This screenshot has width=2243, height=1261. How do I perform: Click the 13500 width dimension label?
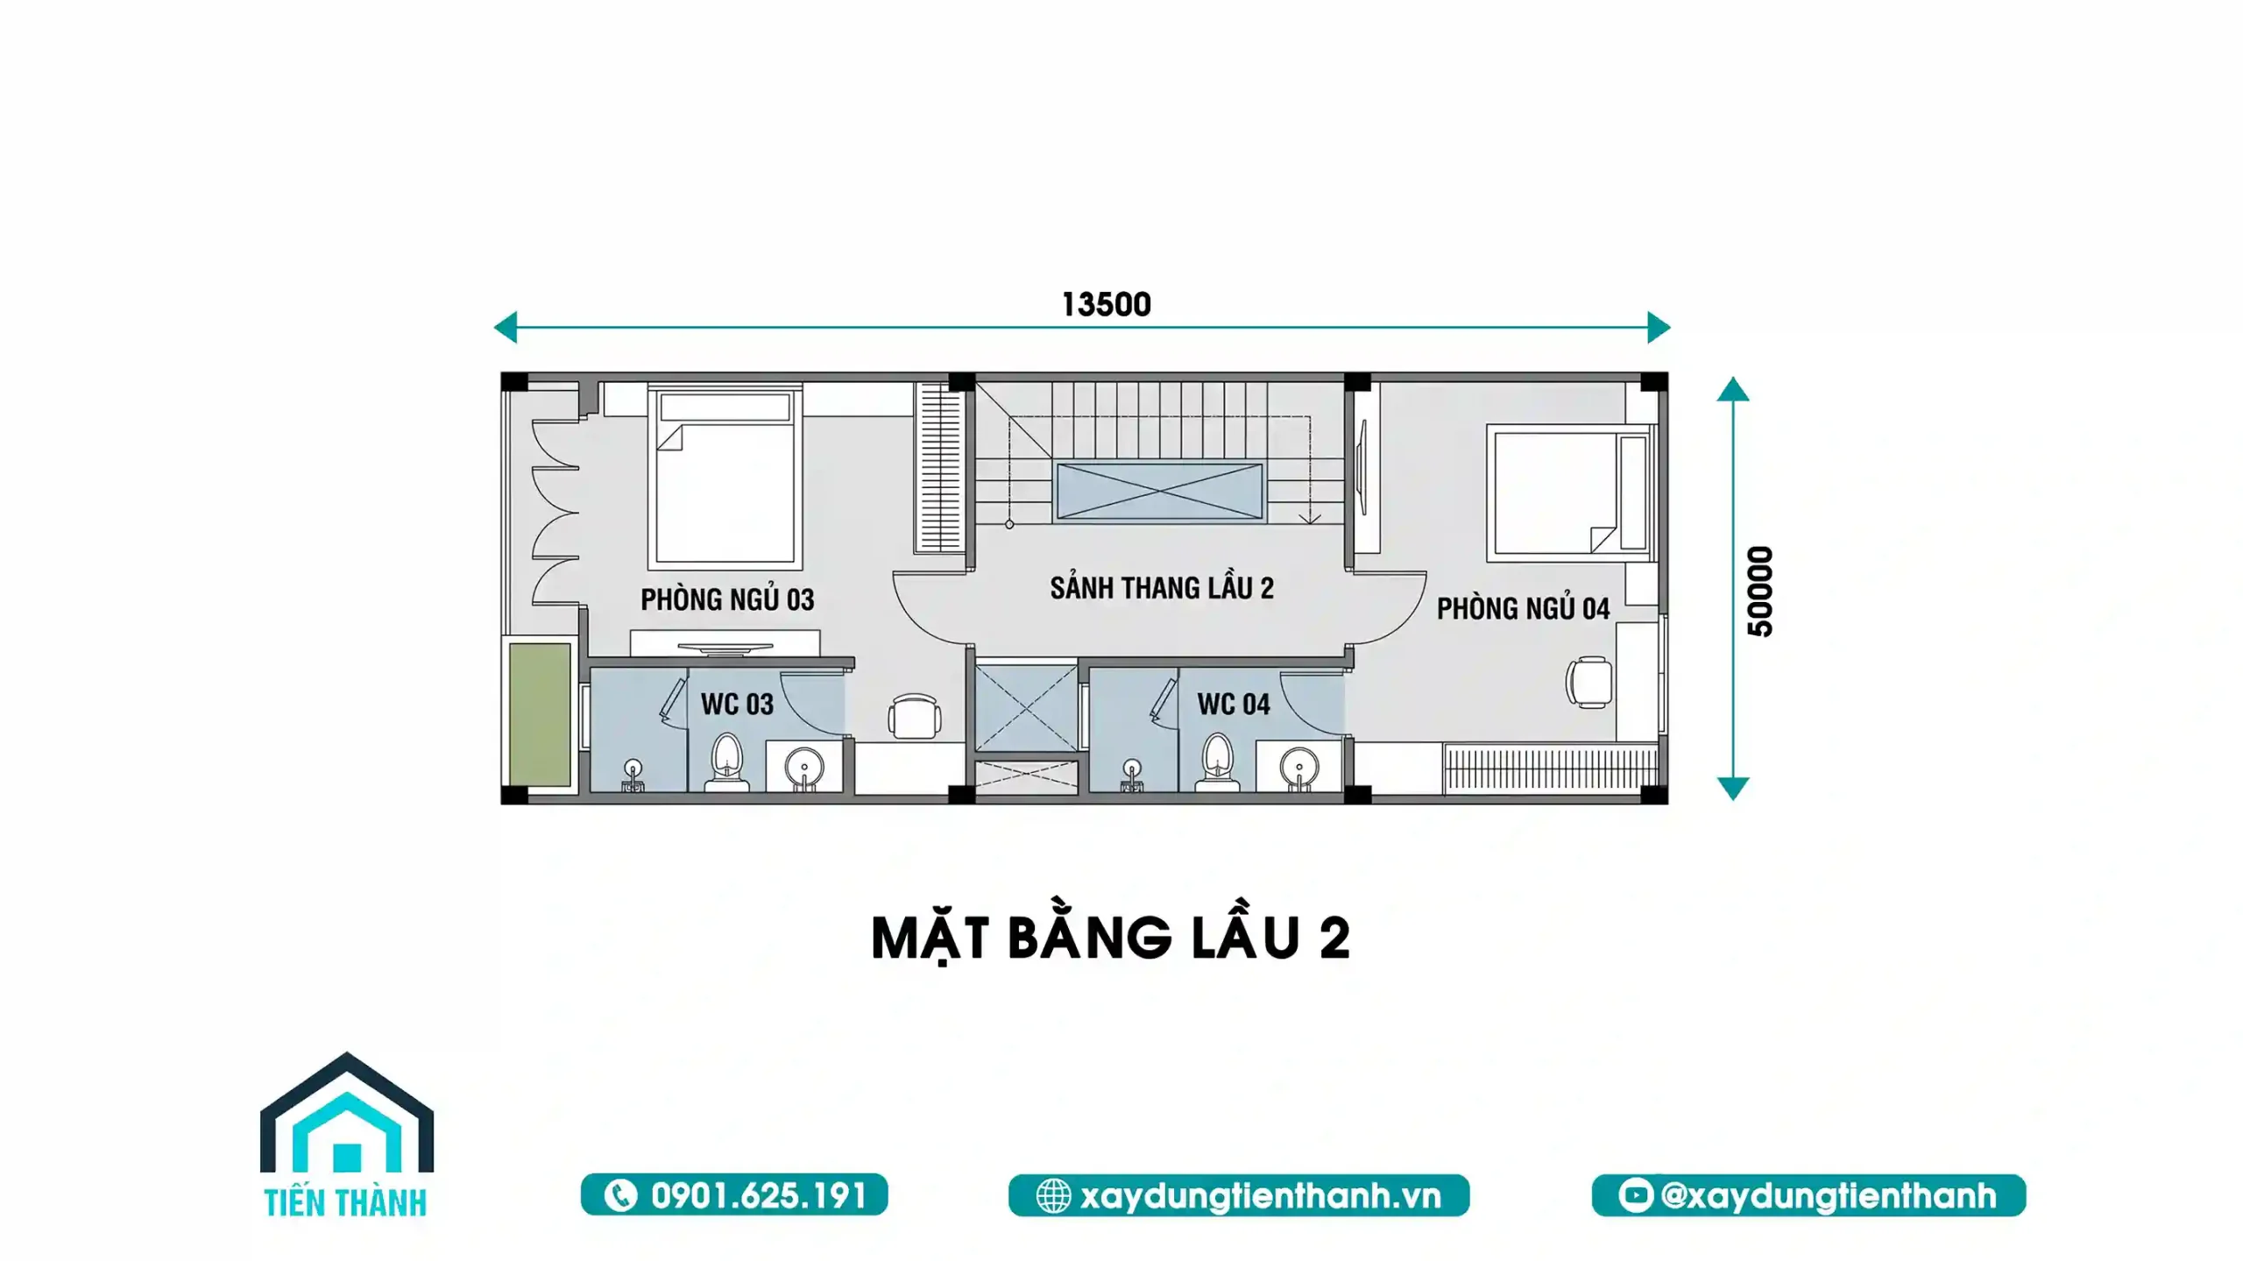[1106, 304]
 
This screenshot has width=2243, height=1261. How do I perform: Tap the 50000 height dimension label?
[1759, 592]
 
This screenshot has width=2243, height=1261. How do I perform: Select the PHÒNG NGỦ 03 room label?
[727, 599]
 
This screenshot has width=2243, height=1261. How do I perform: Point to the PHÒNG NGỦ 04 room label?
[1523, 608]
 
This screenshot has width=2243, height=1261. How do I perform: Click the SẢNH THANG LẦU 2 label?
[1162, 587]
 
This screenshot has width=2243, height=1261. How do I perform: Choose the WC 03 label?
[737, 704]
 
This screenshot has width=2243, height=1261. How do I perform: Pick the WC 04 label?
[1234, 704]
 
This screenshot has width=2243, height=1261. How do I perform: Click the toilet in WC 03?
[726, 762]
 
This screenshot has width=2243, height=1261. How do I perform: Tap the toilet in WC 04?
[1217, 762]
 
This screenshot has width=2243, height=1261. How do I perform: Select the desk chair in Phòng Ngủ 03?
[914, 717]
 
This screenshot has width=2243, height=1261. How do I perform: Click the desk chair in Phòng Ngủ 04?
[1588, 682]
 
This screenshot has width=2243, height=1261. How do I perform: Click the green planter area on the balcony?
[540, 714]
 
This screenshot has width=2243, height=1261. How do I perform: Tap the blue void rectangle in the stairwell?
[1159, 492]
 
